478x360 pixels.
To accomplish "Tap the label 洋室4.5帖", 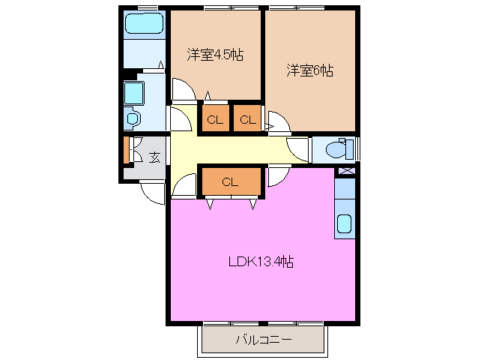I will (x=214, y=55).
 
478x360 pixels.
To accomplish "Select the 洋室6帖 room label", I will (x=309, y=70).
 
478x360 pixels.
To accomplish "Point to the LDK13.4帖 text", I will (x=260, y=262).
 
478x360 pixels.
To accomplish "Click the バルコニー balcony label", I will (x=263, y=340).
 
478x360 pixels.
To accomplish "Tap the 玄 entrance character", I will (x=154, y=157).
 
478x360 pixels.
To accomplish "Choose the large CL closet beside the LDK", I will (x=230, y=181).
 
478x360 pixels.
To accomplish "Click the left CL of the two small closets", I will (x=214, y=118).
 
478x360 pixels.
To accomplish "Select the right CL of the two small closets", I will (x=248, y=118).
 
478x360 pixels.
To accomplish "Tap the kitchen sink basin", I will (x=345, y=223).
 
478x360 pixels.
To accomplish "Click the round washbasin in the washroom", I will (x=133, y=118).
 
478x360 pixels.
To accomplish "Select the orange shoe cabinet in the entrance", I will (x=126, y=149).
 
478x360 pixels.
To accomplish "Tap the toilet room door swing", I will (x=298, y=148).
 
